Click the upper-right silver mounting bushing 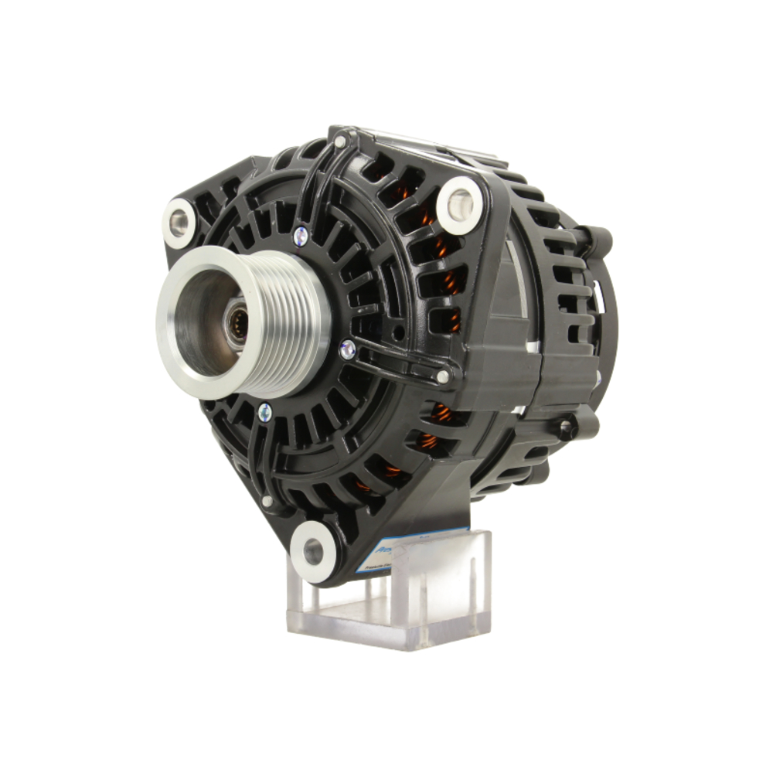[460, 202]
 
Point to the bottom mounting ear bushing [313, 551]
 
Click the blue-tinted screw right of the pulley [348, 349]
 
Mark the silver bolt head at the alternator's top [340, 141]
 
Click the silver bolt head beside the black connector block [442, 377]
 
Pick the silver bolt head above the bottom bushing [267, 502]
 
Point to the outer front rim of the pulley [166, 325]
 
